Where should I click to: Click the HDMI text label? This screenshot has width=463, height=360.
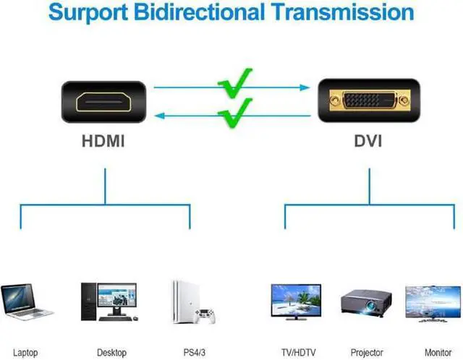coord(103,141)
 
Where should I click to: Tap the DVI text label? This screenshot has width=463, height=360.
coord(368,141)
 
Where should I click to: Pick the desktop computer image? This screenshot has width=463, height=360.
coord(109,301)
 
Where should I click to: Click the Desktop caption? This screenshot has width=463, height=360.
coord(111,353)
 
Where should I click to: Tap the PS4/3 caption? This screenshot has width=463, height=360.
coord(192,353)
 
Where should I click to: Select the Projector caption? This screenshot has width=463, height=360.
coord(367,353)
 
